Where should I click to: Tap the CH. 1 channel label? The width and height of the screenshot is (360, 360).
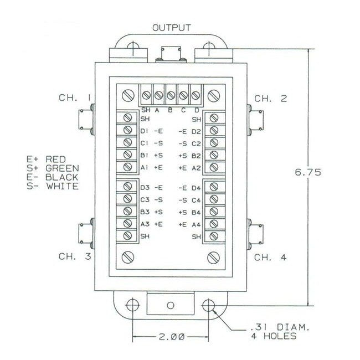tap(75, 98)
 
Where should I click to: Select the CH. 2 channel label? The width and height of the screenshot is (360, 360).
tap(271, 99)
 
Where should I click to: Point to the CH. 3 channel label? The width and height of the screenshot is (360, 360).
tap(75, 256)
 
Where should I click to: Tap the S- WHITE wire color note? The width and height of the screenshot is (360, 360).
tap(52, 186)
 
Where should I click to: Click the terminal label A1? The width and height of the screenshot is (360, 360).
tap(145, 167)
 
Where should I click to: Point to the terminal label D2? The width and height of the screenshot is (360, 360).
tap(196, 132)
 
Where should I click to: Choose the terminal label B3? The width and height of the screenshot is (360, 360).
tap(145, 212)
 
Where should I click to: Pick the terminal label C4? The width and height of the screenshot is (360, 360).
tap(196, 199)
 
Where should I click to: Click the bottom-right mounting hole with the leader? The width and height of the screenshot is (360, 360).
tap(209, 305)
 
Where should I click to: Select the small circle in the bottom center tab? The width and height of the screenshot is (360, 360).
tap(171, 305)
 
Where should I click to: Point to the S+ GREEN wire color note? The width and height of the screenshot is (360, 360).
tap(52, 168)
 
